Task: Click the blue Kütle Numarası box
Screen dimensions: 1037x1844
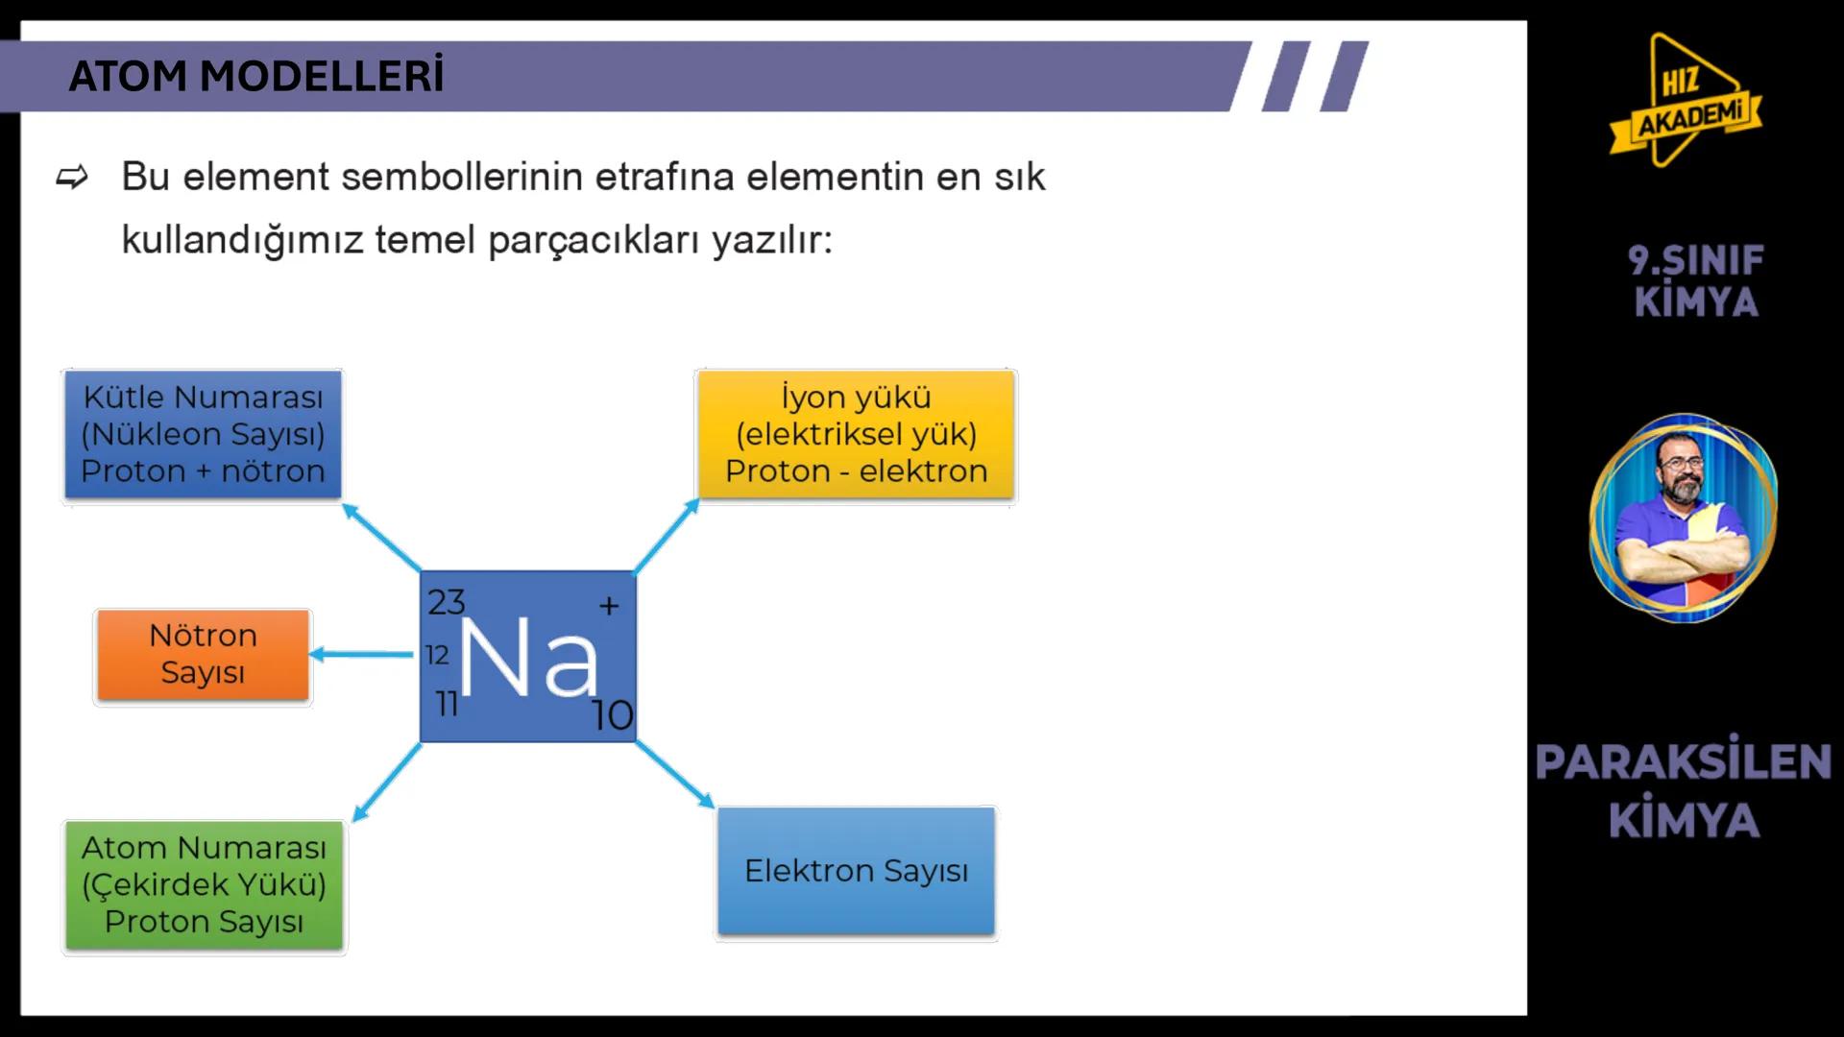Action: pyautogui.click(x=203, y=435)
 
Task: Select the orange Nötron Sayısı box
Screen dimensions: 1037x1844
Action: pyautogui.click(x=203, y=655)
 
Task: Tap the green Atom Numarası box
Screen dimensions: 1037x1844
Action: pyautogui.click(x=204, y=885)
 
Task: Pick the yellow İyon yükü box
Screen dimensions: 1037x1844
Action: pyautogui.click(x=856, y=435)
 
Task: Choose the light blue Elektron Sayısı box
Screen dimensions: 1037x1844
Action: pyautogui.click(x=856, y=871)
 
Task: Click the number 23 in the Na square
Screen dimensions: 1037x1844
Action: pyautogui.click(x=446, y=602)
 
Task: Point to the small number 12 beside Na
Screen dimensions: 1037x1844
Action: pyautogui.click(x=437, y=655)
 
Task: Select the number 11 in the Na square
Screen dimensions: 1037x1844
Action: pyautogui.click(x=447, y=704)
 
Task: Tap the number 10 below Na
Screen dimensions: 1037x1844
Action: pyautogui.click(x=612, y=715)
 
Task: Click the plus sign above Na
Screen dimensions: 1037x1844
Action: pyautogui.click(x=609, y=606)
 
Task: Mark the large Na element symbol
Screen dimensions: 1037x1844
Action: pyautogui.click(x=528, y=659)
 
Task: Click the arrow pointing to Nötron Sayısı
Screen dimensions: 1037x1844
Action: pyautogui.click(x=361, y=655)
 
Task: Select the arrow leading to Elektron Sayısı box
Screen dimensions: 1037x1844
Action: pyautogui.click(x=675, y=774)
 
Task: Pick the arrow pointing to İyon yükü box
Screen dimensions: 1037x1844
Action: pyautogui.click(x=667, y=536)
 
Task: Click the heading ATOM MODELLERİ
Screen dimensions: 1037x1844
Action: pyautogui.click(x=256, y=77)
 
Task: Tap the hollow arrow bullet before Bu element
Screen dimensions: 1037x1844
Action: pyautogui.click(x=72, y=178)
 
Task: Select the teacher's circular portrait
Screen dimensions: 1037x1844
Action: pyautogui.click(x=1683, y=518)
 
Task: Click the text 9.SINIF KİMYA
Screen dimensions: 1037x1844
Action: pyautogui.click(x=1695, y=280)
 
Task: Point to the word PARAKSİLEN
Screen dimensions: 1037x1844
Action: pyautogui.click(x=1683, y=762)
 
